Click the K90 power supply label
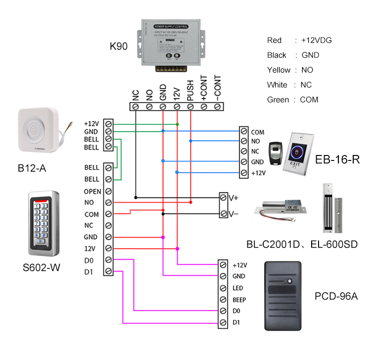coord(119,47)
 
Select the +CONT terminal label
coord(203,90)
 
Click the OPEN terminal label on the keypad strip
coord(92,191)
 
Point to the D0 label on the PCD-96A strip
coord(236,311)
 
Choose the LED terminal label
coord(237,288)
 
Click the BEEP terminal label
coord(239,300)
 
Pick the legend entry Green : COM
coord(292,100)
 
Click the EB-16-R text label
coord(337,159)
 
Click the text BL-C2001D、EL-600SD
coord(302,244)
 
